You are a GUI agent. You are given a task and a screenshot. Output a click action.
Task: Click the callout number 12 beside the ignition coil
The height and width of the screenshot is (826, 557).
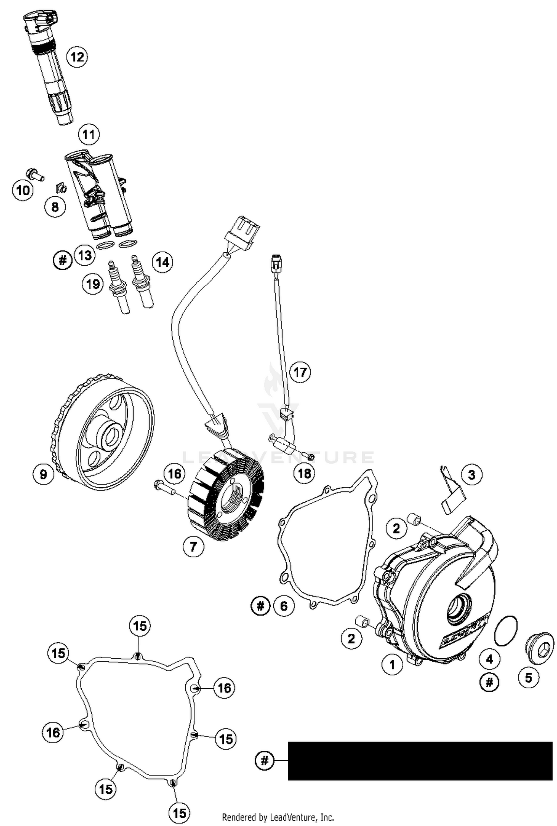pyautogui.click(x=77, y=57)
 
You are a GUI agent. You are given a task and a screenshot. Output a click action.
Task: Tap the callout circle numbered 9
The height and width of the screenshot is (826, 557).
pyautogui.click(x=43, y=474)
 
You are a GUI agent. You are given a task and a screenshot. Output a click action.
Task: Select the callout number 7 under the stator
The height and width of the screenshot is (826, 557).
pyautogui.click(x=193, y=547)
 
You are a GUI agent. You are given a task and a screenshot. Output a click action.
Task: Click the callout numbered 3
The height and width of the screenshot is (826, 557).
pyautogui.click(x=472, y=475)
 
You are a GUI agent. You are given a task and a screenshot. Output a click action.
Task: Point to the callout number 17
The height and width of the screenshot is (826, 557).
pyautogui.click(x=300, y=372)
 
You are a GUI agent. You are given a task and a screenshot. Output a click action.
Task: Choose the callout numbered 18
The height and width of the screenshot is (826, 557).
pyautogui.click(x=304, y=473)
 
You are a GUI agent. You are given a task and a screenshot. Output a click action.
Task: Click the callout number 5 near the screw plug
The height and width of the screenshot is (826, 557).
pyautogui.click(x=528, y=678)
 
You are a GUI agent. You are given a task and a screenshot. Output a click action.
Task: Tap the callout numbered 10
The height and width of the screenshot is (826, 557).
pyautogui.click(x=23, y=190)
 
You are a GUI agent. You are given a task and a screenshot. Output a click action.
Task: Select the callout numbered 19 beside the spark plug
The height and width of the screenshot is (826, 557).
pyautogui.click(x=92, y=284)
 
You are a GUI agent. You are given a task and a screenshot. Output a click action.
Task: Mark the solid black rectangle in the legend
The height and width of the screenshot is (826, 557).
pyautogui.click(x=420, y=761)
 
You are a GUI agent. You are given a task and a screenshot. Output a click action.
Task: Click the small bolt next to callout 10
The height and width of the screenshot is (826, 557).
pyautogui.click(x=34, y=174)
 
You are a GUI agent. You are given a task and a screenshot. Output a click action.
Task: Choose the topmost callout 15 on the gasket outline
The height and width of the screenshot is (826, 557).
pyautogui.click(x=140, y=626)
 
